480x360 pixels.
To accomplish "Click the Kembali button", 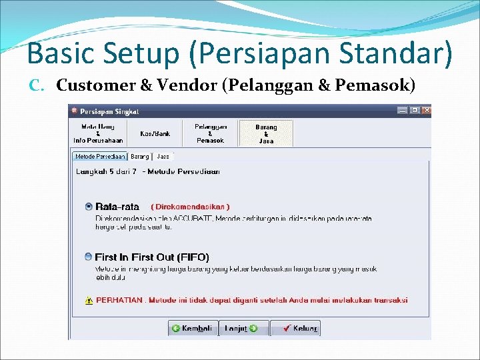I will (193, 329).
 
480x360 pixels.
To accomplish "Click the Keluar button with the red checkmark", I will (295, 329).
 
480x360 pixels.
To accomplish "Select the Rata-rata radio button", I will (89, 207).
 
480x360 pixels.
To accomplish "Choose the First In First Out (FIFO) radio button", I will (89, 257).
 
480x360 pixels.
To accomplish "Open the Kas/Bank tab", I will (155, 133).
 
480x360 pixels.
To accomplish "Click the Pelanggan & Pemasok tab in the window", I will (210, 133).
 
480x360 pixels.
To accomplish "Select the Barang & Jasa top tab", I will (265, 133).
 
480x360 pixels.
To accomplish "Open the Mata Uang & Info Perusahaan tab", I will (98, 133).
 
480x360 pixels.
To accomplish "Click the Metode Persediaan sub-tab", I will (100, 157).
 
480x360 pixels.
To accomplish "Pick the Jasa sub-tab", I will (163, 157).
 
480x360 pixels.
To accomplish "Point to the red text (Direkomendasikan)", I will (190, 207).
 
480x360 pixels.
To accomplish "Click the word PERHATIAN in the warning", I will (119, 300).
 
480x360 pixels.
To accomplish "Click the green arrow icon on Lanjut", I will (253, 329).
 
